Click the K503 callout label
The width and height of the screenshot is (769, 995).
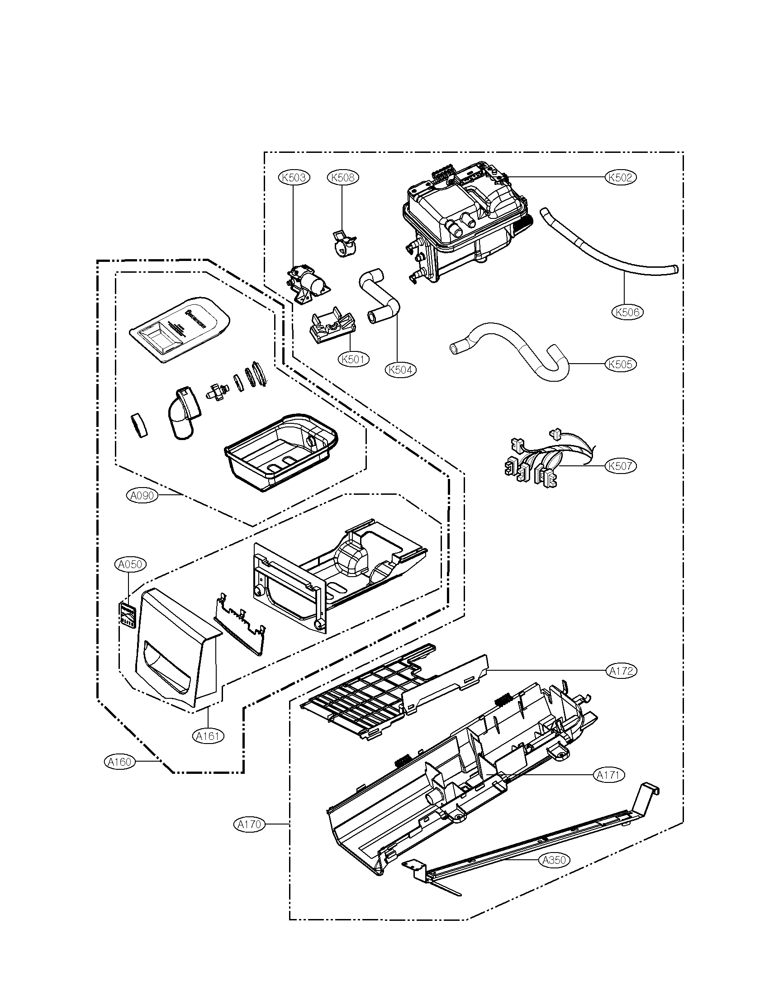tap(294, 177)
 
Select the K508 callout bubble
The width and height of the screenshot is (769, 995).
tap(342, 177)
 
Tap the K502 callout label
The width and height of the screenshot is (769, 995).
tap(621, 177)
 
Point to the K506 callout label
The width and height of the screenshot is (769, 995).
tap(627, 312)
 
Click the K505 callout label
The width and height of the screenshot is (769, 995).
tap(621, 364)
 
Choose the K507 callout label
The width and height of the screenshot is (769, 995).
tap(621, 466)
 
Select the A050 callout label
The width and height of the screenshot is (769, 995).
tap(130, 564)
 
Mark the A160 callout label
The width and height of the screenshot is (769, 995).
tap(120, 762)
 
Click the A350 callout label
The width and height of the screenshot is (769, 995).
tap(555, 860)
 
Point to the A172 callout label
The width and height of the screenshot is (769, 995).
tap(622, 671)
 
